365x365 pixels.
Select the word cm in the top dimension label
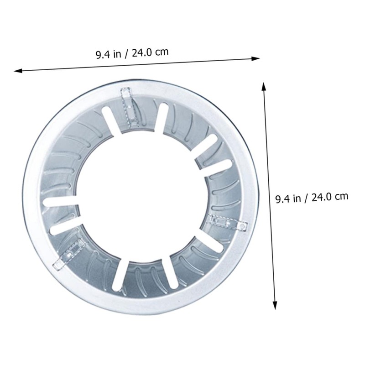coord(162,52)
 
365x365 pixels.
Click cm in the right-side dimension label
coord(341,197)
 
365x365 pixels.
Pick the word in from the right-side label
coord(297,198)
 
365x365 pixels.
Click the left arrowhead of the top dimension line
coord(18,71)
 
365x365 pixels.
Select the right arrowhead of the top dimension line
coord(255,59)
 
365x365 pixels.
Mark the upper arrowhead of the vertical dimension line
coord(264,86)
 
